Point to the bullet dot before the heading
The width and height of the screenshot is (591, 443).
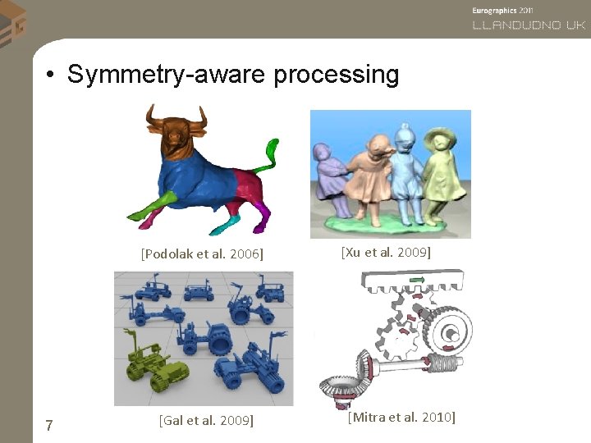point(51,75)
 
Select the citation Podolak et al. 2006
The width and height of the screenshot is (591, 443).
point(202,253)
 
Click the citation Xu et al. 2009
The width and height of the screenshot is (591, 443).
point(386,252)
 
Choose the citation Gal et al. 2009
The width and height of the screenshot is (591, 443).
point(205,421)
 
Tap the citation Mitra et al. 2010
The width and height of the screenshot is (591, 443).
point(401,418)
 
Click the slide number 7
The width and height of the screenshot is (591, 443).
point(49,425)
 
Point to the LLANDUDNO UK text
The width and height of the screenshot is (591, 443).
point(529,25)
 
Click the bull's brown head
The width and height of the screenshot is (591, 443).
point(175,131)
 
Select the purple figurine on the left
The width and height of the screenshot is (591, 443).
point(328,176)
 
